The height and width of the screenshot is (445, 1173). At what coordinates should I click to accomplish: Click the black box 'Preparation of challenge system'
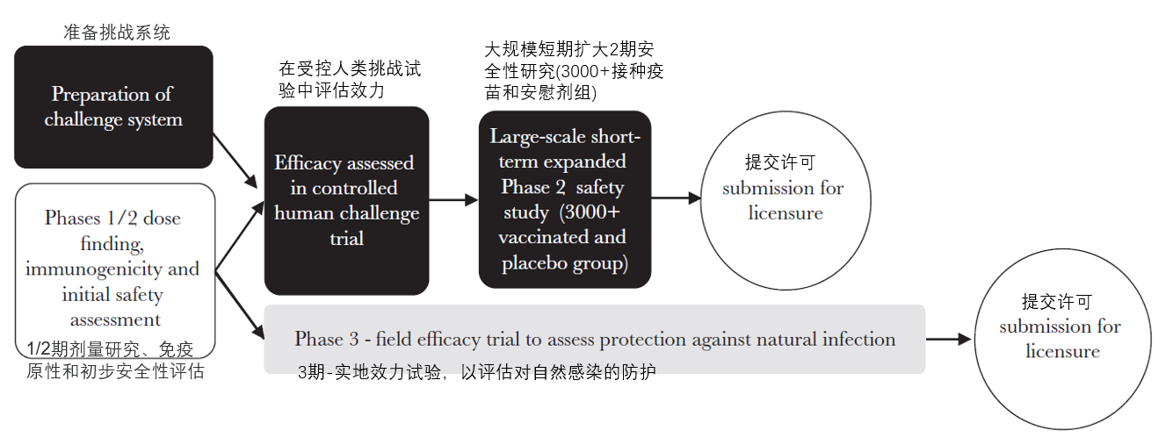click(x=113, y=106)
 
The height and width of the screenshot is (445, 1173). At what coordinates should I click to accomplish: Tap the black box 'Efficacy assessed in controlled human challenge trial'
click(x=346, y=200)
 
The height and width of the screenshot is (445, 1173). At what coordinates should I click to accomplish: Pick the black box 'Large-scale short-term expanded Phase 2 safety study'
click(x=564, y=200)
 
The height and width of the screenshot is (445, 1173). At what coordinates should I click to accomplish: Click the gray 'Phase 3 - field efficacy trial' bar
click(x=594, y=340)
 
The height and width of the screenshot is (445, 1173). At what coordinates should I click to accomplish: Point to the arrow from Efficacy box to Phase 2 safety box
click(x=453, y=200)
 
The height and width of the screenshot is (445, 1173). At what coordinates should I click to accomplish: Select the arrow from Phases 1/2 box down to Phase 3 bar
click(x=239, y=304)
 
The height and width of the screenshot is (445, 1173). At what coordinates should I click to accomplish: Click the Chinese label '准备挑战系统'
click(x=116, y=32)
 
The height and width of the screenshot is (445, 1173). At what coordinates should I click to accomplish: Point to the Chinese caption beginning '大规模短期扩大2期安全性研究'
click(x=573, y=69)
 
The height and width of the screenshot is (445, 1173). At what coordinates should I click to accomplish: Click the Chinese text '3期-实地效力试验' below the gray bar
click(x=476, y=373)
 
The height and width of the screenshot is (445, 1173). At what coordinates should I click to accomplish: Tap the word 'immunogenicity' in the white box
click(x=112, y=269)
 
